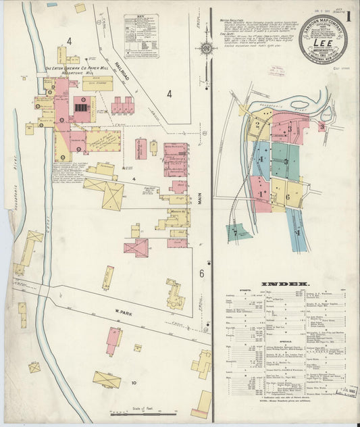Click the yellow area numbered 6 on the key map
(x=288, y=196)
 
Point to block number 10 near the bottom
(x=134, y=384)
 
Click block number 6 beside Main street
(x=201, y=273)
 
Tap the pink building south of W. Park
(x=113, y=339)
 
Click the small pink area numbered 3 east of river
(x=322, y=126)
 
